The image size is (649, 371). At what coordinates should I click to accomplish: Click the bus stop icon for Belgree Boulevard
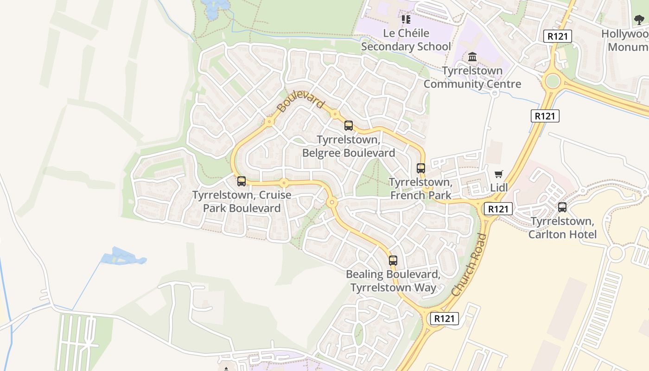(x=348, y=126)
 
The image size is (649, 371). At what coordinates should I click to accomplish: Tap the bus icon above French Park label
(x=420, y=168)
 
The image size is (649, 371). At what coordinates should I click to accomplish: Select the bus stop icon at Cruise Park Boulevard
(x=241, y=181)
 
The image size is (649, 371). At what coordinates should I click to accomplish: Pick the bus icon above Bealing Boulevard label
(x=393, y=261)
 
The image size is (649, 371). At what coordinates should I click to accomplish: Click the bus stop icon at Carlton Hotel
(x=562, y=207)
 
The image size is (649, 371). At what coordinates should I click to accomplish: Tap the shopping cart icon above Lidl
(x=499, y=174)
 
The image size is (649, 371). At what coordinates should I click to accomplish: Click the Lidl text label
(x=499, y=188)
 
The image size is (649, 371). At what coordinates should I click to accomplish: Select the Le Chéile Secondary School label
(x=406, y=40)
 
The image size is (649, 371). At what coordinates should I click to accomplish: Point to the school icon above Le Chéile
(x=406, y=19)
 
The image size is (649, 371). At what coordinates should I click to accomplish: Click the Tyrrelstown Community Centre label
(x=472, y=77)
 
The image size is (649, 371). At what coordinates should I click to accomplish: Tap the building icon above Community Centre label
(x=472, y=57)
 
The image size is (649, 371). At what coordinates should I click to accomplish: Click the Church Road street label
(x=470, y=265)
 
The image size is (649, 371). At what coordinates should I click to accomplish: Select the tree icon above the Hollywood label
(x=639, y=20)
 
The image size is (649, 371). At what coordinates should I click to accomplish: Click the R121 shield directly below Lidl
(x=498, y=209)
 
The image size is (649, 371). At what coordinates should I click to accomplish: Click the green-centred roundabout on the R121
(x=553, y=81)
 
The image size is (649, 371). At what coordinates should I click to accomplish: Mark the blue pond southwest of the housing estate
(x=122, y=256)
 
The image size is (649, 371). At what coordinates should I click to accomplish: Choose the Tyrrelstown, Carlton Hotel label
(x=562, y=228)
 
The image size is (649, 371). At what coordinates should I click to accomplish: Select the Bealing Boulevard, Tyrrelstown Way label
(x=393, y=281)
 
